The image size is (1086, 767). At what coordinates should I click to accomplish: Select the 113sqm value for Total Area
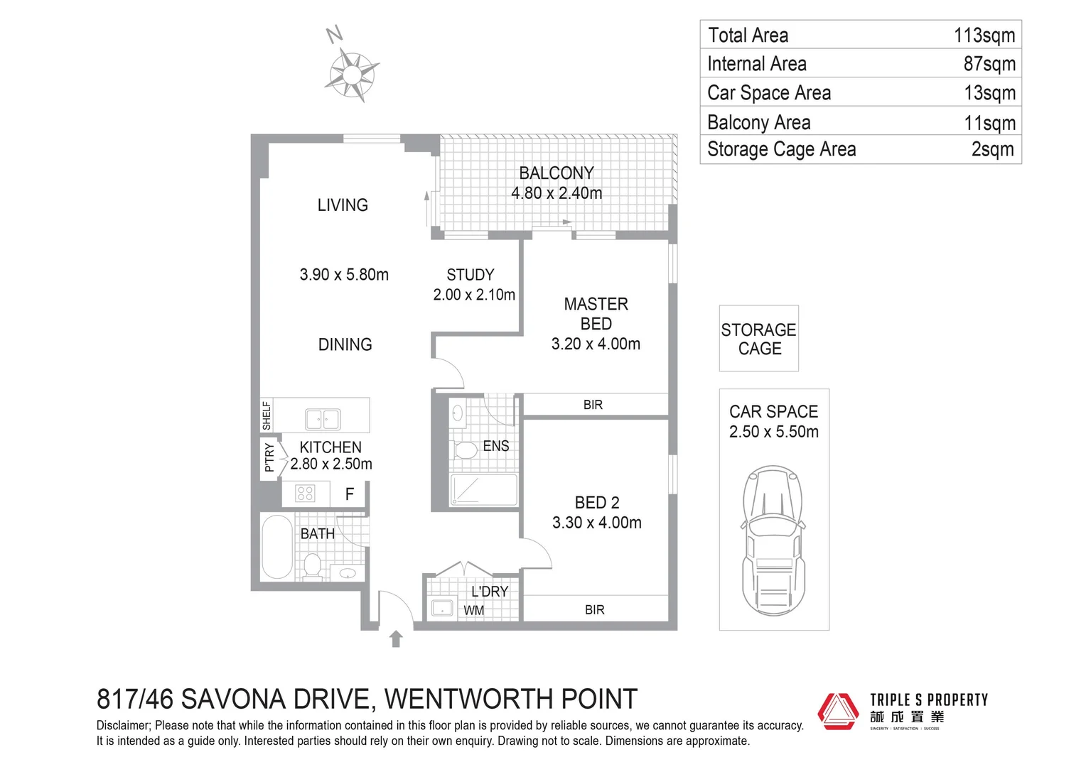coord(984,36)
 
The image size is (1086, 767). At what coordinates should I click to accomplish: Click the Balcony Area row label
coord(758,122)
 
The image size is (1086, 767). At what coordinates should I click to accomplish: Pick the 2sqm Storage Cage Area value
coord(992,150)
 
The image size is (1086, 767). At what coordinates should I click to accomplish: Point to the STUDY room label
coord(470,275)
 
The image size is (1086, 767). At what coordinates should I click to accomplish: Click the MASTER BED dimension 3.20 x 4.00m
coord(596,344)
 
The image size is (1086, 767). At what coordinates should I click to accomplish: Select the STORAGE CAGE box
coord(758,339)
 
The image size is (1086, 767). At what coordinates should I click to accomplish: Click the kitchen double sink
coord(323,419)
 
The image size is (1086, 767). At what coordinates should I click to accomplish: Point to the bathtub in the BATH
coord(277,547)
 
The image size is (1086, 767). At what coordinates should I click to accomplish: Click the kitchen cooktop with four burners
coord(306,493)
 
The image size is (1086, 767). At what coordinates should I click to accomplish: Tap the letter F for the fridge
coord(350,494)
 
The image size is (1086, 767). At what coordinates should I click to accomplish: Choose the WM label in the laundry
coord(473,610)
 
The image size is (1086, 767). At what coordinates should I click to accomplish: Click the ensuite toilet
coord(466,450)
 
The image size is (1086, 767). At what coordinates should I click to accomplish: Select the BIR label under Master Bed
coord(593,405)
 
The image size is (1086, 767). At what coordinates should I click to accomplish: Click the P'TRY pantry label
coord(269,457)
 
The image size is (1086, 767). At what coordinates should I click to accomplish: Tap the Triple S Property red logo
coord(839,711)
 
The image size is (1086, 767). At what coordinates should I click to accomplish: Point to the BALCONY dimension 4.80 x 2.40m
coord(557,193)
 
